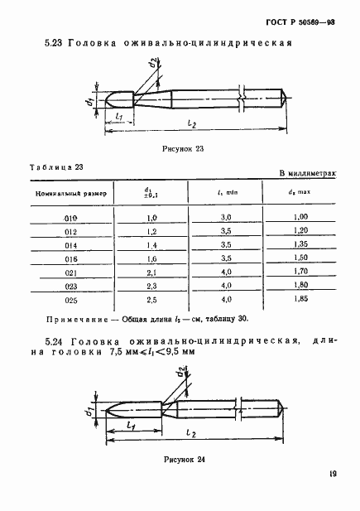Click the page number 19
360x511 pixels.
tap(331, 475)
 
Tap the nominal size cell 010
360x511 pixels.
tap(69, 216)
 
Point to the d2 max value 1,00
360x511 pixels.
tap(300, 216)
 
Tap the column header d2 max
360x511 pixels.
tap(300, 193)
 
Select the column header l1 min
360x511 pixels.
tap(226, 193)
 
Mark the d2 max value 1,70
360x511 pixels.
tap(300, 270)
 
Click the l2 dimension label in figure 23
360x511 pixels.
tap(191, 123)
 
